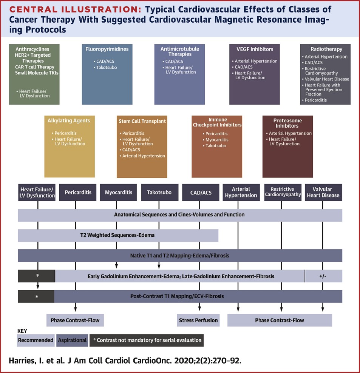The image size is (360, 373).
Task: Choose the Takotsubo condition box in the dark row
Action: (159, 193)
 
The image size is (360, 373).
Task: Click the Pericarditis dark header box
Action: (78, 193)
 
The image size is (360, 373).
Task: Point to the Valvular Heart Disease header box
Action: (323, 193)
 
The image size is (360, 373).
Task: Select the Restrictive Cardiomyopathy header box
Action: (283, 192)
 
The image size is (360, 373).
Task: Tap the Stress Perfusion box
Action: (198, 321)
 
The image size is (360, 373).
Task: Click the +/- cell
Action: (323, 276)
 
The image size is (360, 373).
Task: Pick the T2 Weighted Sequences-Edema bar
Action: (118, 235)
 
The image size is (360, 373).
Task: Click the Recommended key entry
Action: (36, 340)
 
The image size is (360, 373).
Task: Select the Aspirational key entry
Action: (72, 340)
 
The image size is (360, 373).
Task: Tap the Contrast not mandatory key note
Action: (147, 340)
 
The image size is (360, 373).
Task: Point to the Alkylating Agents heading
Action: (69, 121)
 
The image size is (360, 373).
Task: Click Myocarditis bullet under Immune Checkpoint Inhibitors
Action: (217, 140)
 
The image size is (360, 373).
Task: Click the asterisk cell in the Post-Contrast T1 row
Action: (37, 297)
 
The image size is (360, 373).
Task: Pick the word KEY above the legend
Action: (23, 331)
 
